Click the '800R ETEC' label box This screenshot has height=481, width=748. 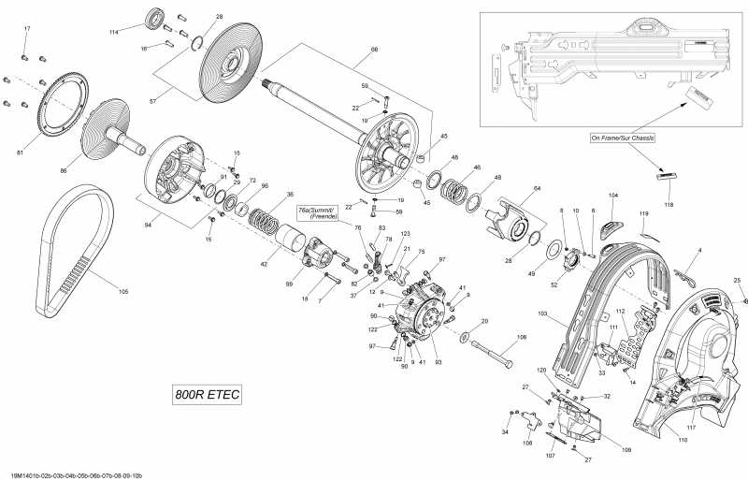[208, 395]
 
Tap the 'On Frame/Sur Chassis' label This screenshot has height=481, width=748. [622, 138]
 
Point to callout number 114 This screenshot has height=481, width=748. [114, 32]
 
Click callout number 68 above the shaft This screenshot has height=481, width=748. [348, 50]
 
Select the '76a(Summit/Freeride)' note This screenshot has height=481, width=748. [317, 212]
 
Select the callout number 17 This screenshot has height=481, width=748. [26, 30]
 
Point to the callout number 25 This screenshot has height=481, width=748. [737, 281]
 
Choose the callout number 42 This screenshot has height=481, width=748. [263, 265]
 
